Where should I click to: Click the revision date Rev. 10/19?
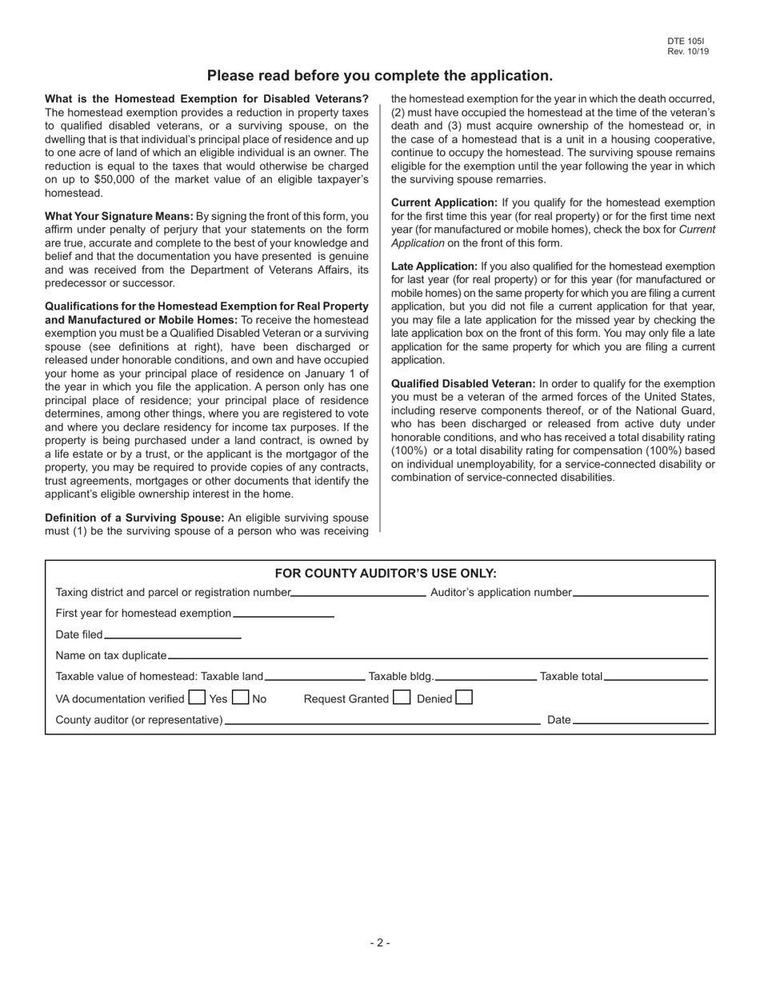[x=687, y=51]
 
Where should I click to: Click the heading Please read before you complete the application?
[x=380, y=76]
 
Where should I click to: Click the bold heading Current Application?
[x=444, y=203]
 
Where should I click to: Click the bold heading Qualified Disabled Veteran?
[x=463, y=384]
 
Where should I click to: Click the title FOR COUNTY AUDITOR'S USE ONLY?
[x=386, y=574]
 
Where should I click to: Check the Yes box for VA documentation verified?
[x=197, y=698]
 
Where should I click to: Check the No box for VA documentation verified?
[x=240, y=698]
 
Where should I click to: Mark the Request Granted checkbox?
[x=402, y=698]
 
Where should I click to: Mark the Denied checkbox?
[x=464, y=698]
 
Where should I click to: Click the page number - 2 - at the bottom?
[x=380, y=943]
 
